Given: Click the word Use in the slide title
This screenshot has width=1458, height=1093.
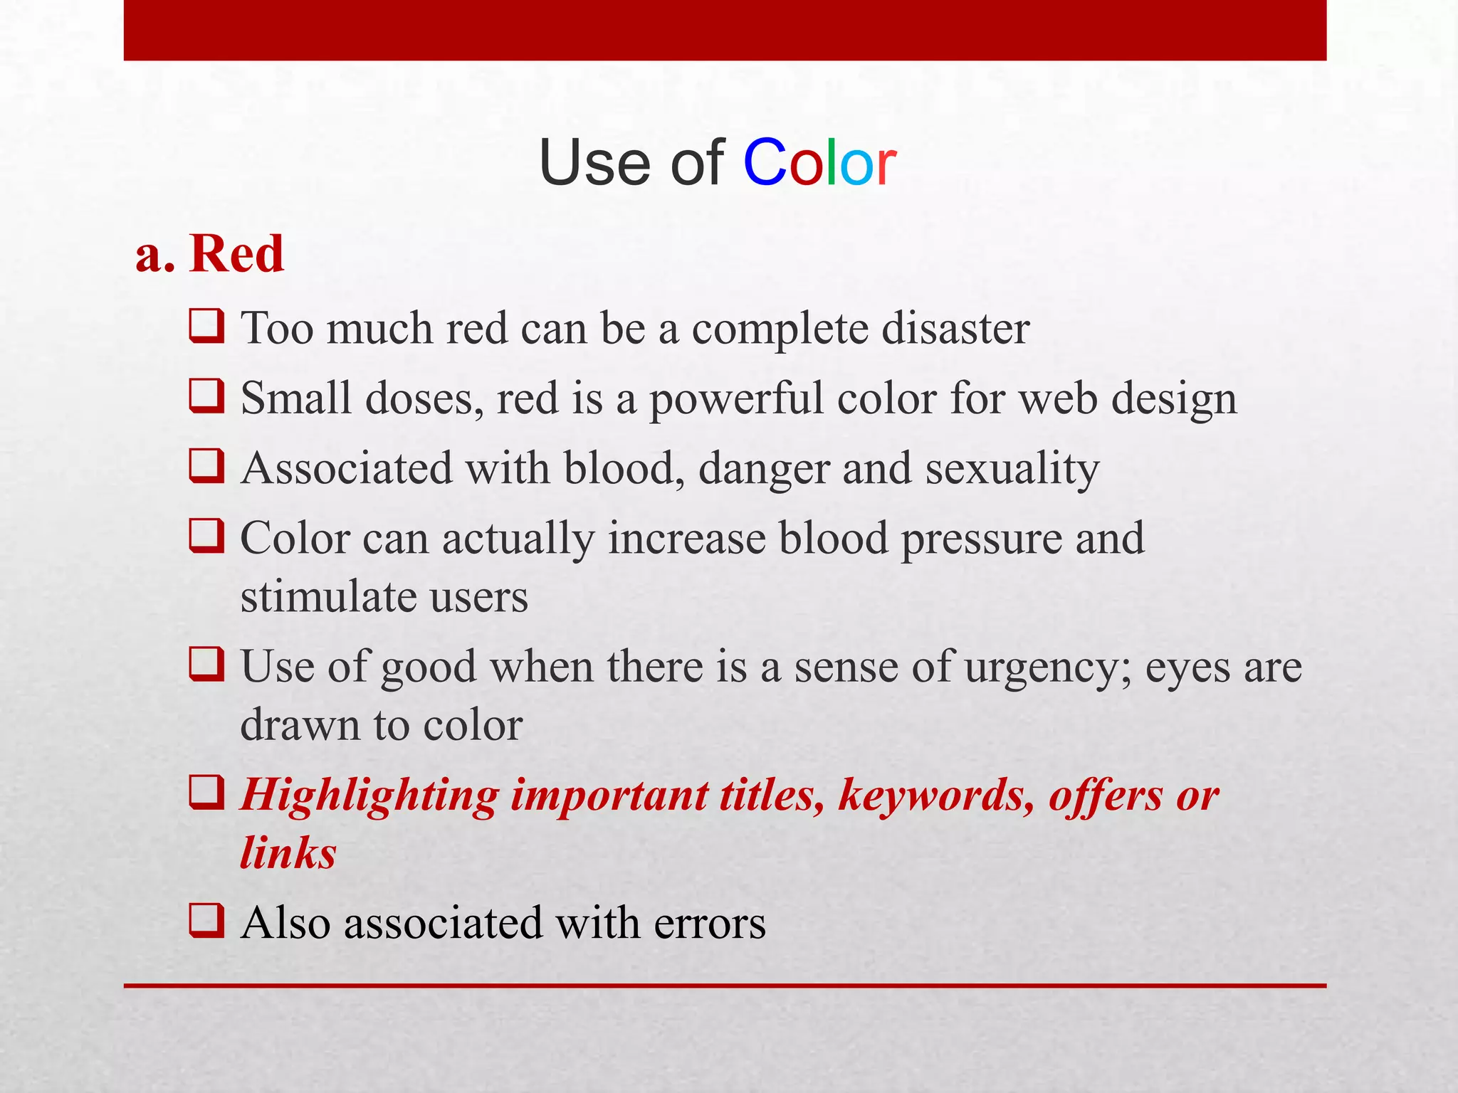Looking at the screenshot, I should (595, 164).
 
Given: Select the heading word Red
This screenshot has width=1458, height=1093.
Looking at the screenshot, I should (236, 254).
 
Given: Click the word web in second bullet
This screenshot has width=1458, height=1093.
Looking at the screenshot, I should (1058, 398).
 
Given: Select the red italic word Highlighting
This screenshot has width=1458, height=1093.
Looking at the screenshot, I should (369, 796).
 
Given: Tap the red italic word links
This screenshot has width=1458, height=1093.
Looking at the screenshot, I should (288, 853).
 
